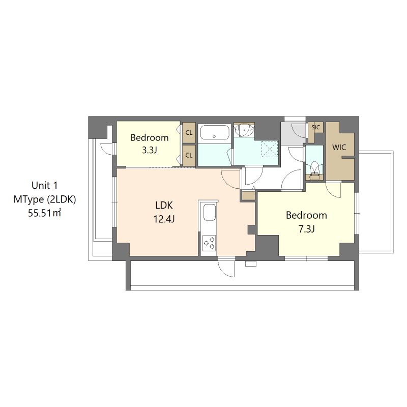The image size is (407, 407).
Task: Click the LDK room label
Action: click(164, 206)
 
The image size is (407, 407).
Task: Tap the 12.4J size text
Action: click(164, 219)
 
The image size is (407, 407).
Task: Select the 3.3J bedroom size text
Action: click(149, 151)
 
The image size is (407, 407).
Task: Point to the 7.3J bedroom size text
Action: click(306, 229)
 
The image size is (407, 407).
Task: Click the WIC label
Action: click(339, 147)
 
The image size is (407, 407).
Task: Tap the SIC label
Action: click(315, 127)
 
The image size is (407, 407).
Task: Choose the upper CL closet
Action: click(189, 133)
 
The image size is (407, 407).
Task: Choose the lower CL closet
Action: click(189, 155)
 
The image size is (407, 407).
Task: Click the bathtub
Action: click(214, 133)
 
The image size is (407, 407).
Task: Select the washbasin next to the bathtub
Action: click(246, 130)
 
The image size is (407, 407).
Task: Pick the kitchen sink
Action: click(209, 213)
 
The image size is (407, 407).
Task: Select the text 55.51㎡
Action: click(45, 214)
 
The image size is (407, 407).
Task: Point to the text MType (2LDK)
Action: click(45, 199)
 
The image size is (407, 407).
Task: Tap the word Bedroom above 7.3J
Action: click(306, 215)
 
